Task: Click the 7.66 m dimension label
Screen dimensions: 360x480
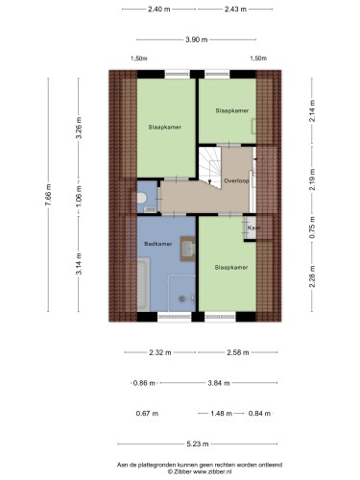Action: point(48,195)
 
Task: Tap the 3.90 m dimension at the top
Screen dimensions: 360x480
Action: point(197,39)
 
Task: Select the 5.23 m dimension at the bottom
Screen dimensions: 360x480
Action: point(198,444)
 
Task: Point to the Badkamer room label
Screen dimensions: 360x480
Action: point(158,244)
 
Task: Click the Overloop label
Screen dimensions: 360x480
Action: point(236,180)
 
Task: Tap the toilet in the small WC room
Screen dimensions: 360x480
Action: point(141,198)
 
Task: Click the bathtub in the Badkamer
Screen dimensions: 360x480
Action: point(143,284)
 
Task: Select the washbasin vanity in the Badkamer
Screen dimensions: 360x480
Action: point(188,249)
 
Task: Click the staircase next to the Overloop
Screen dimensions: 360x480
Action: point(210,167)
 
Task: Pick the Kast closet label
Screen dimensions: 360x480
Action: point(253,228)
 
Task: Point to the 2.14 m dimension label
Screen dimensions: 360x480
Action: point(312,110)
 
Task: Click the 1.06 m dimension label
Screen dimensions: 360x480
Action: point(79,196)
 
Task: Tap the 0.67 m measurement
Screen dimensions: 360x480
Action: point(147,414)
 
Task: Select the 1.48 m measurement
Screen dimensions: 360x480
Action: point(221,414)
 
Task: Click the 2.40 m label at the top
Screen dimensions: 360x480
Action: point(159,10)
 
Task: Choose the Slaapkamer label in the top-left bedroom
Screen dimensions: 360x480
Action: point(165,127)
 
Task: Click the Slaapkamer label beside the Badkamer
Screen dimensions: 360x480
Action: point(231,267)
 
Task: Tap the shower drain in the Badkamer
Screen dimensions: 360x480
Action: point(182,300)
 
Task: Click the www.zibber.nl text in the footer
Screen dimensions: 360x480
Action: point(212,471)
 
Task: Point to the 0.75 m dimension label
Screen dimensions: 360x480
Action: point(312,228)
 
